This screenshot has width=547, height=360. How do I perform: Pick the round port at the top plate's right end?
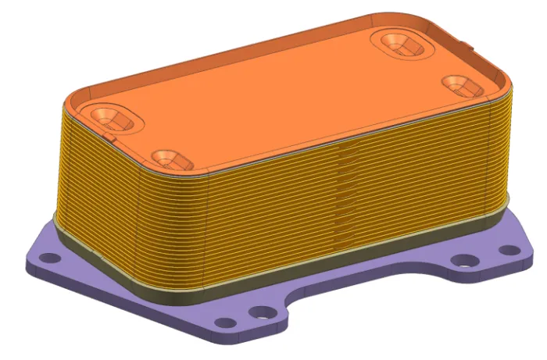pyautogui.click(x=455, y=82)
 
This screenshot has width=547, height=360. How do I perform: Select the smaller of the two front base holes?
pyautogui.click(x=226, y=322)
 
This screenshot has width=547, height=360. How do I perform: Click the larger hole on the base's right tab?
pyautogui.click(x=466, y=260)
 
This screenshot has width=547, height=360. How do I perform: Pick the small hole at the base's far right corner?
pyautogui.click(x=512, y=250)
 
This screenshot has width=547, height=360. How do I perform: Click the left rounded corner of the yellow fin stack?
pyautogui.click(x=66, y=156)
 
